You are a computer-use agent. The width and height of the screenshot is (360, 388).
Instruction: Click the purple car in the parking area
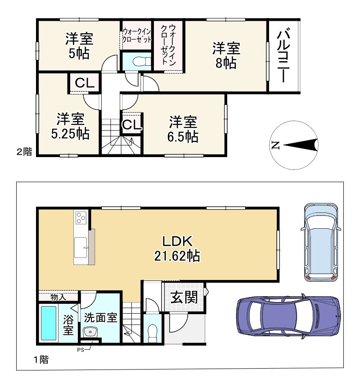pyautogui.click(x=288, y=316)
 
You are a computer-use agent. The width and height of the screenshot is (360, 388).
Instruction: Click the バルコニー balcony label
pyautogui.click(x=284, y=56)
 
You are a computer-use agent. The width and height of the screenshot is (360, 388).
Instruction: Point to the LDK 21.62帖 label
pyautogui.click(x=177, y=248)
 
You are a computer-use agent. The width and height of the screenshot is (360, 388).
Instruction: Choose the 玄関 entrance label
pyautogui.click(x=184, y=297)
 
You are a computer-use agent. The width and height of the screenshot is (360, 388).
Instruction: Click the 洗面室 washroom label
pyautogui.click(x=100, y=317)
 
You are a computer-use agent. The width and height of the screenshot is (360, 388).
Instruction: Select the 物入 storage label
pyautogui.click(x=58, y=297)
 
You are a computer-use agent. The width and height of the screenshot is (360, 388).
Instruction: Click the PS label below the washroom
pyautogui.click(x=81, y=350)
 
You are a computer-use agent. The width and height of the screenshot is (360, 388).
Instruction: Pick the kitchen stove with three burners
pyautogui.click(x=81, y=218)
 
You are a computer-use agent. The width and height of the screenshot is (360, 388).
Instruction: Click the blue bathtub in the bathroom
pyautogui.click(x=49, y=323)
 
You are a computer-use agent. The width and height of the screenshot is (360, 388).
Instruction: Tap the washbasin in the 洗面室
pyautogui.click(x=90, y=332)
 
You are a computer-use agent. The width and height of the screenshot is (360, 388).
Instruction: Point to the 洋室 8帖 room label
pyautogui.click(x=226, y=56)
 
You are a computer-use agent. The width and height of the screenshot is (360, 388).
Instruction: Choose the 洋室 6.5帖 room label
pyautogui.click(x=183, y=129)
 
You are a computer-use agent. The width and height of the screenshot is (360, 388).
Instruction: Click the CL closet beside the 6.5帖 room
pyautogui.click(x=132, y=125)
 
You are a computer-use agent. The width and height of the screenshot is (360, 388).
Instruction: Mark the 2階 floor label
pyautogui.click(x=24, y=151)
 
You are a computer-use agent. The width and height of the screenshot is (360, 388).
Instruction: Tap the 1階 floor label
pyautogui.click(x=41, y=359)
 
